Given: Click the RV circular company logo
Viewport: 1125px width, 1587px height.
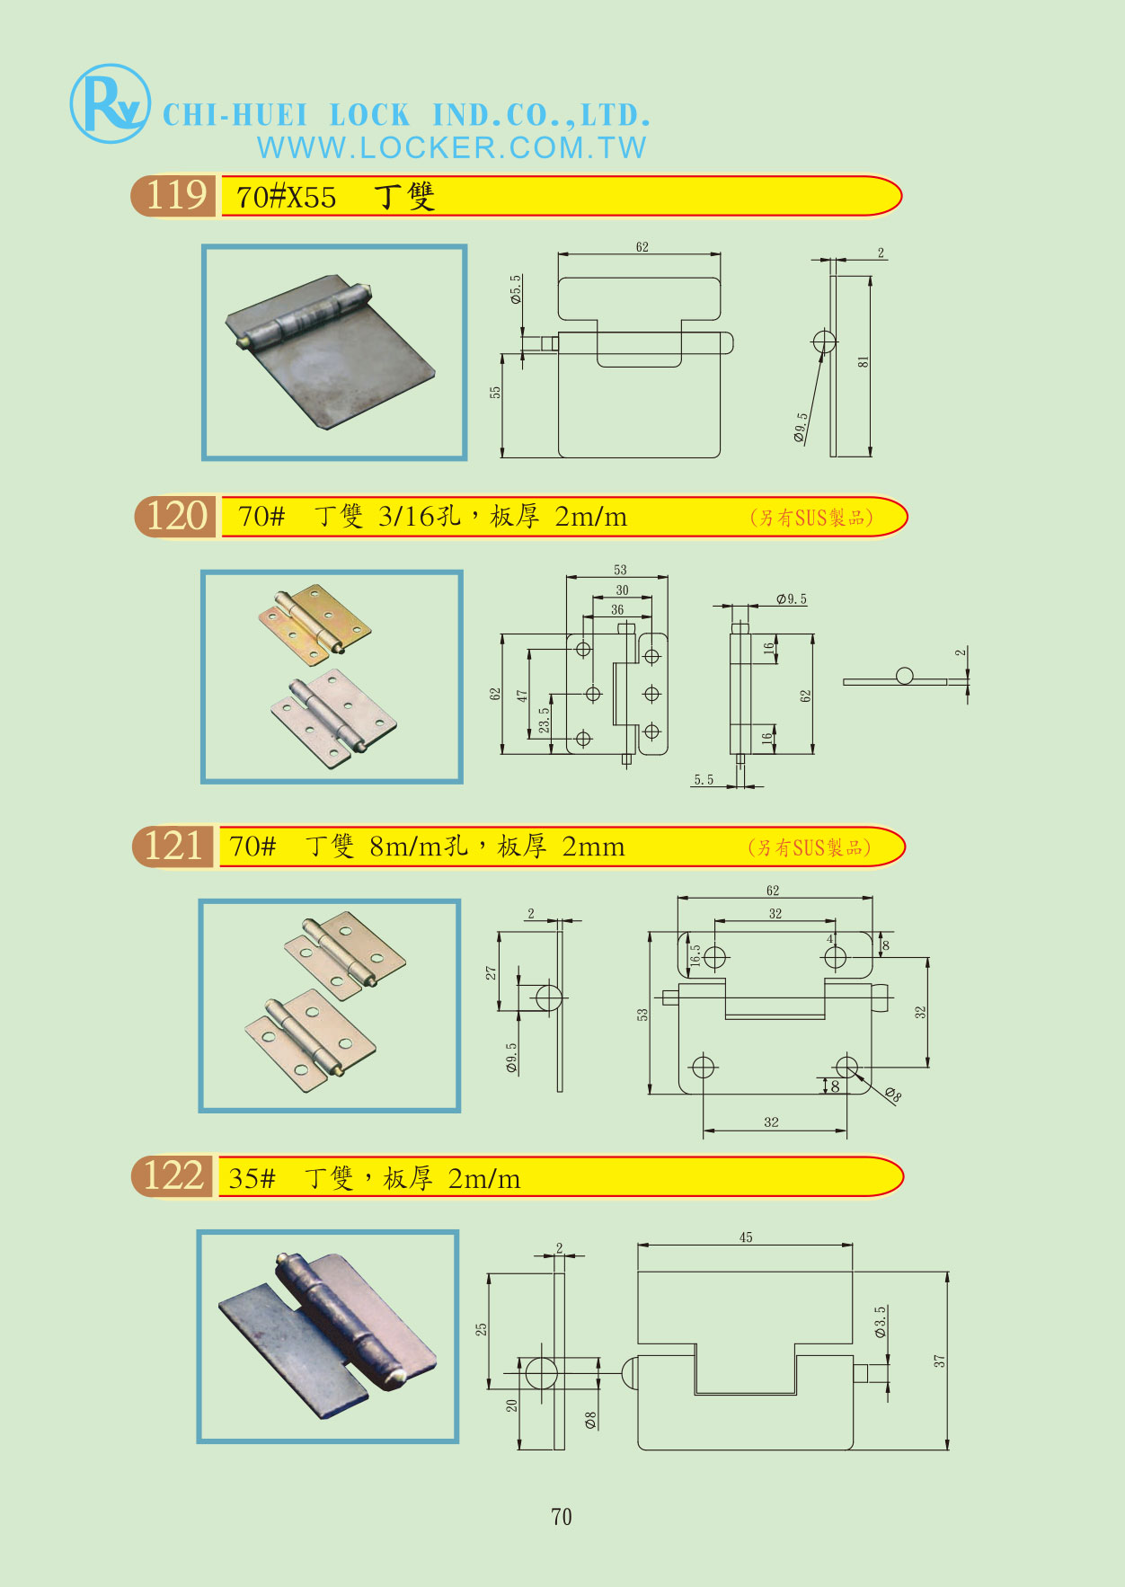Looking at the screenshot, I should coord(110,103).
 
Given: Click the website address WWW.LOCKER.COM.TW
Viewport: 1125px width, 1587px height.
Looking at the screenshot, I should coord(451,148).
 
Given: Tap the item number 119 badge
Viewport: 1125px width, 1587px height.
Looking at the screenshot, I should coord(175,196).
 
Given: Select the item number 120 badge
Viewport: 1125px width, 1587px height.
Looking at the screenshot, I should coord(176,517).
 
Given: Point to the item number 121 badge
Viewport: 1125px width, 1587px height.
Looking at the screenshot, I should coord(173,847).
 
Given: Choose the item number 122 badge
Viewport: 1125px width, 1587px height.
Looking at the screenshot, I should coord(173,1176).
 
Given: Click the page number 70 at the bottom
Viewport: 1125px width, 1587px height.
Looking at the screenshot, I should coord(562,1517).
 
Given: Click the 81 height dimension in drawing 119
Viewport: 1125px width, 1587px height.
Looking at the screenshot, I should coord(864,361).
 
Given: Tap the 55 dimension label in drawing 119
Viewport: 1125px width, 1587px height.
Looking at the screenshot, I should coord(495,393).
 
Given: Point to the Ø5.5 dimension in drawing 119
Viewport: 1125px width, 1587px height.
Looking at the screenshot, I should coord(516,289).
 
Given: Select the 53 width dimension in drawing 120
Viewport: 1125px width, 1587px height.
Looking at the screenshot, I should coord(620,570).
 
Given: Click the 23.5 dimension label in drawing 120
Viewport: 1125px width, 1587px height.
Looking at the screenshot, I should coord(544,721).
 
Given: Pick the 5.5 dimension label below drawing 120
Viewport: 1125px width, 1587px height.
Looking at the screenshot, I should coord(704,780).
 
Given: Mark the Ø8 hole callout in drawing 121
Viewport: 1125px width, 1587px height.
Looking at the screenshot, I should coord(892,1095).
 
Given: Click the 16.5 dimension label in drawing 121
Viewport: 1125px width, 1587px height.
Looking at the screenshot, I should coord(695,954).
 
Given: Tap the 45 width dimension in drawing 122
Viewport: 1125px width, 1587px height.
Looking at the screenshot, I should coord(746,1237).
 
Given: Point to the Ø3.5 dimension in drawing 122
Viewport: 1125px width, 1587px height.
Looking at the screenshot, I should coord(881,1322).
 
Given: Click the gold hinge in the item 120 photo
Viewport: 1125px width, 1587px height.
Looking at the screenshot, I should coord(315,623).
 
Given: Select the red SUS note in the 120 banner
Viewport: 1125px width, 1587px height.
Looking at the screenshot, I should coord(811,518).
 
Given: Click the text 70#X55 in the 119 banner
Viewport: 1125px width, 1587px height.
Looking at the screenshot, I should coord(286,197).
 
